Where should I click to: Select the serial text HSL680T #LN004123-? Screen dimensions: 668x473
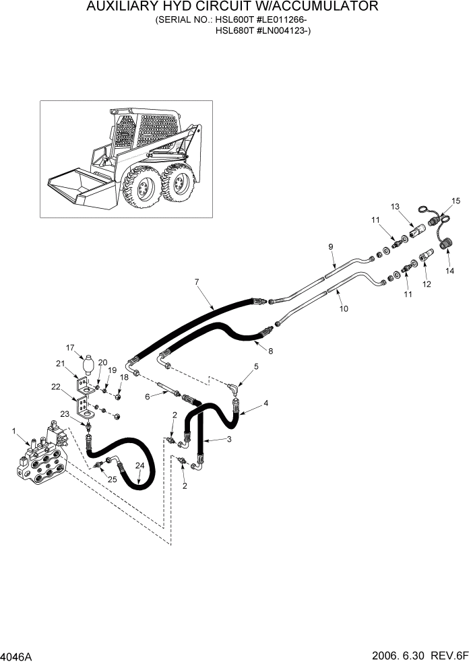[x=263, y=30]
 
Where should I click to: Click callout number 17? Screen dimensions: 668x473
[x=69, y=348]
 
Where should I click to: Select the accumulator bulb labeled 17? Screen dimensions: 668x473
[x=88, y=366]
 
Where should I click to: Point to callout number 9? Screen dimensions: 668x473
[x=331, y=247]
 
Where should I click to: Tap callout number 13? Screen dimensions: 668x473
[x=395, y=206]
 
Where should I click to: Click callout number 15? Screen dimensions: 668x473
[x=455, y=201]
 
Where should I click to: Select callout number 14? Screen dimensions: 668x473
[x=449, y=271]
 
